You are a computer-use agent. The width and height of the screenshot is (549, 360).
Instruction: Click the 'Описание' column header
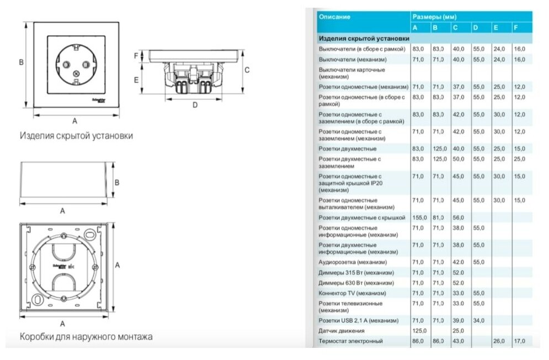(x=334, y=17)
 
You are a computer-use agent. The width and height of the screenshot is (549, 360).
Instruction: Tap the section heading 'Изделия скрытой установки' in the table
(x=364, y=39)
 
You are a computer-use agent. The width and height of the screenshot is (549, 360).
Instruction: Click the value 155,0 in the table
(x=419, y=218)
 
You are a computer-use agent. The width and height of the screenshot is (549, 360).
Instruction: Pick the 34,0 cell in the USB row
(x=478, y=320)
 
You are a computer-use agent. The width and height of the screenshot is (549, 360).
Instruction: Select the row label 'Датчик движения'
(x=342, y=331)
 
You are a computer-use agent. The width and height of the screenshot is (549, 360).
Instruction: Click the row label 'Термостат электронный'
(x=350, y=341)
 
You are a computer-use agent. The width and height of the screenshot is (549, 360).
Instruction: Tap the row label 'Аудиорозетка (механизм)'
(x=353, y=262)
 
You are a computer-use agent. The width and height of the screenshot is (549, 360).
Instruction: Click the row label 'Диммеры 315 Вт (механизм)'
(x=356, y=273)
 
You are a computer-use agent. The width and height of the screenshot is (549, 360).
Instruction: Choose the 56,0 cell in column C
(x=459, y=218)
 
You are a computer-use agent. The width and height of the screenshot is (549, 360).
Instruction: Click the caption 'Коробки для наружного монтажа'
(x=86, y=336)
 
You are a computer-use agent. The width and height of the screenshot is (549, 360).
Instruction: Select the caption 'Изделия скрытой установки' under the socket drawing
(x=76, y=135)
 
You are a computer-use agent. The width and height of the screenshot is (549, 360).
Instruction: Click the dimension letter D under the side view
(x=195, y=105)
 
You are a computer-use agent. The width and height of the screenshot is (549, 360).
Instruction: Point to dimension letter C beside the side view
(x=247, y=70)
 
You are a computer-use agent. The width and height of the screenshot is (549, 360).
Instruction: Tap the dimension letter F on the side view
(x=136, y=56)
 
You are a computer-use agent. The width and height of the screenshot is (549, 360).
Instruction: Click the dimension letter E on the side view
(x=136, y=80)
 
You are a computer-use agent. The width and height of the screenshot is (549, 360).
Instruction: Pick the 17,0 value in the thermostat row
(x=519, y=341)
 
